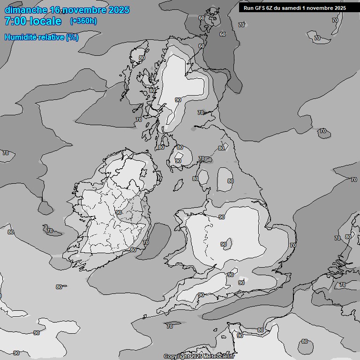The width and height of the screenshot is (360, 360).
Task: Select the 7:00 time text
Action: (15, 21)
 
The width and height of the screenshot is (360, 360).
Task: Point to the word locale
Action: (45, 21)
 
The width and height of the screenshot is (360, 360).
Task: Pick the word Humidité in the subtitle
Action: (20, 37)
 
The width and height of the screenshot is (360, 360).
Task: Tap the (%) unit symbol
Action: (72, 37)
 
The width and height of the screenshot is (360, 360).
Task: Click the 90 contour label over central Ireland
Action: (119, 212)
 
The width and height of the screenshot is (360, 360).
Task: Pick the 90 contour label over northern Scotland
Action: (178, 100)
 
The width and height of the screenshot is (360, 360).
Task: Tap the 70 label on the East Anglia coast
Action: (293, 245)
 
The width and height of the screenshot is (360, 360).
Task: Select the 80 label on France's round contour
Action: (305, 341)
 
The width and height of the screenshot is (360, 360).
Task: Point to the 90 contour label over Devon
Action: (201, 295)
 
